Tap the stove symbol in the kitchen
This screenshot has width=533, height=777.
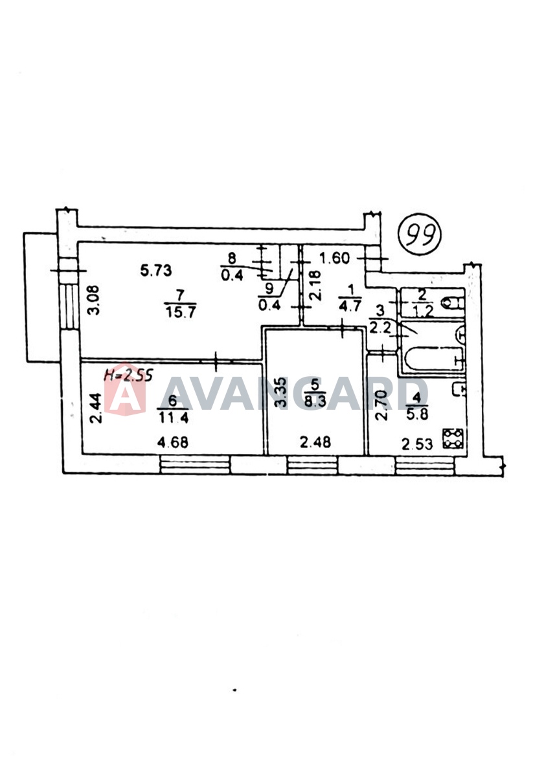coord(453,439)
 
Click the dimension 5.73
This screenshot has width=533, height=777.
coord(156,270)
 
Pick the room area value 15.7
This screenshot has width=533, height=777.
coord(181,313)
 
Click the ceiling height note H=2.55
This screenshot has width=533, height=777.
coord(129,376)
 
